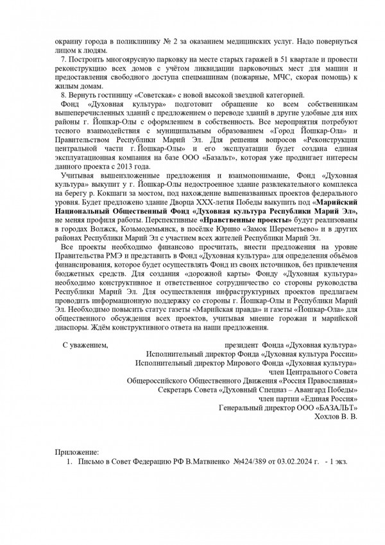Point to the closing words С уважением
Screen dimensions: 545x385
[x=85, y=345]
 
